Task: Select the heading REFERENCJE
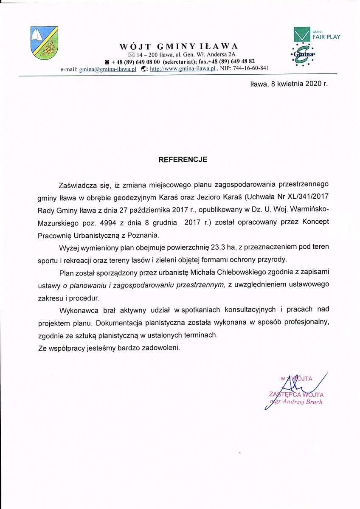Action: [x=183, y=160]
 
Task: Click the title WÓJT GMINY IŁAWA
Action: [x=179, y=46]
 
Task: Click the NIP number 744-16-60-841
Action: [x=251, y=68]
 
